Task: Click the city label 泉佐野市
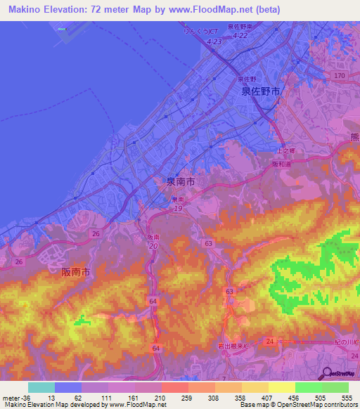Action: (260, 91)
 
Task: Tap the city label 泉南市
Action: (179, 181)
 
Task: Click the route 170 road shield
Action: (340, 75)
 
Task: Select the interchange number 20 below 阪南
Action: (153, 246)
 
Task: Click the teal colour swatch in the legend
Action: (41, 387)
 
